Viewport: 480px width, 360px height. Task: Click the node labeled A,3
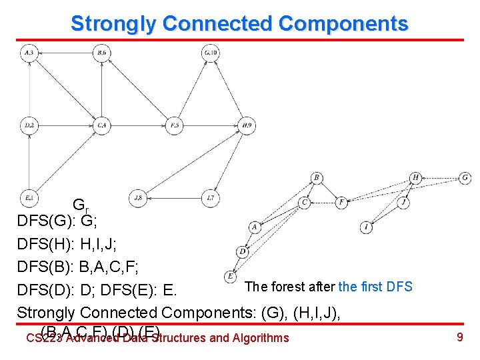point(29,53)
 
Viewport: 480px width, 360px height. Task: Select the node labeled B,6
point(101,53)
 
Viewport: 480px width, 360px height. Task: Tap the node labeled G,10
point(211,53)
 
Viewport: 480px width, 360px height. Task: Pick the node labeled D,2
point(29,125)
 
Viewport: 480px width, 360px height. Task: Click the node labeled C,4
point(101,125)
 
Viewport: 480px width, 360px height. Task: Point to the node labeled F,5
point(175,125)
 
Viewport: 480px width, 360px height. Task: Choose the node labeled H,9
point(247,125)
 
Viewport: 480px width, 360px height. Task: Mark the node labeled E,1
point(29,197)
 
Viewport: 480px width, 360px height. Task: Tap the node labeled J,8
point(138,197)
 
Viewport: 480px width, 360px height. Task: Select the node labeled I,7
point(211,197)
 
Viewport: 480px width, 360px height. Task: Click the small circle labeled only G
point(465,178)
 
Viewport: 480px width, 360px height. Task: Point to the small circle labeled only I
point(367,228)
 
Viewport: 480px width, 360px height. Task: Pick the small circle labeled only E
point(231,275)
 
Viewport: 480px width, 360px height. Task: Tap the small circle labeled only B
point(316,178)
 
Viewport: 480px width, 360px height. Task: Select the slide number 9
point(459,337)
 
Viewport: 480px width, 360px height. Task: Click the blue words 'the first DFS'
point(375,287)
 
